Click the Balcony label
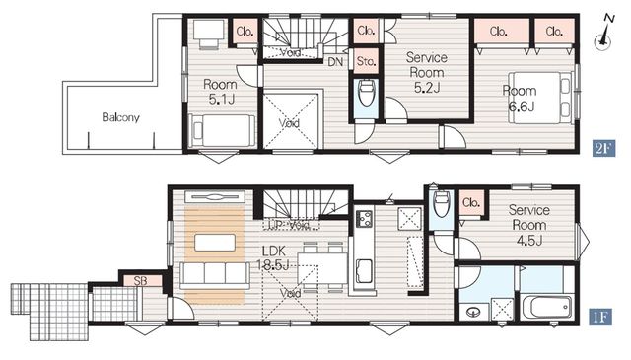click(120, 117)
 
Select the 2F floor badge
click(603, 149)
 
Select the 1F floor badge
click(601, 317)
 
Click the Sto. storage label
click(366, 61)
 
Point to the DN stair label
click(335, 61)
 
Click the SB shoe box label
click(140, 281)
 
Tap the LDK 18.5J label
click(274, 258)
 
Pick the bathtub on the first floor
click(545, 308)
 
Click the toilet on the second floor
click(366, 93)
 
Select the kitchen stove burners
click(365, 218)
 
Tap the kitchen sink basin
click(365, 270)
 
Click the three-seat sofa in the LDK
click(214, 275)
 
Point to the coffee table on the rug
click(215, 243)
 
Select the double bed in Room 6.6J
click(539, 98)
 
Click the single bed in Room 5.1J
click(222, 131)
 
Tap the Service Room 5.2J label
click(427, 72)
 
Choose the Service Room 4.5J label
click(529, 225)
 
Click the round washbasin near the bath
click(473, 312)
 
